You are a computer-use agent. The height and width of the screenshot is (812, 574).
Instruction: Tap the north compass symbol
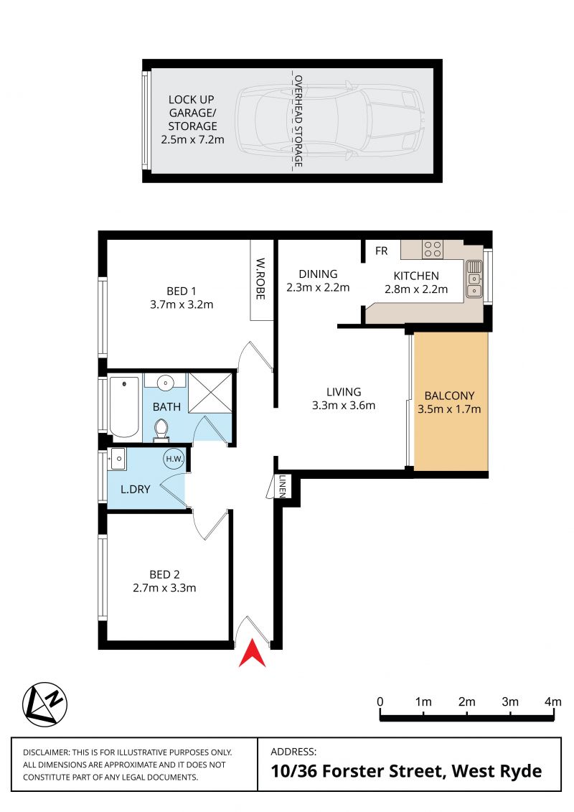click(x=45, y=704)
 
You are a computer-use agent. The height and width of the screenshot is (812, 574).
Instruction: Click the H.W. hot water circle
click(x=174, y=459)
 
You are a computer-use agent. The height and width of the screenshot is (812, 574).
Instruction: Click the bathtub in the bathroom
click(x=124, y=407)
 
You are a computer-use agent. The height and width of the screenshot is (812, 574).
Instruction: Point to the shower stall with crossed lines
click(x=210, y=393)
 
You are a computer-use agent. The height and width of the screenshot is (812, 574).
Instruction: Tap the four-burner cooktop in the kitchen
click(x=432, y=249)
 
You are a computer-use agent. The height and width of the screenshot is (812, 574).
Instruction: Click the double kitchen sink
click(x=474, y=280)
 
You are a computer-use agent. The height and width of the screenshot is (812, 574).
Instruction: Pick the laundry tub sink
click(x=118, y=459)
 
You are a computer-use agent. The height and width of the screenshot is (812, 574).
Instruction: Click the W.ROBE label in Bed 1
click(x=261, y=279)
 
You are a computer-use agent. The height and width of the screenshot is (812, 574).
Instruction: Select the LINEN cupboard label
click(x=283, y=486)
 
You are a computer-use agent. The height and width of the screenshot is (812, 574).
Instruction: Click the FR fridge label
click(x=382, y=251)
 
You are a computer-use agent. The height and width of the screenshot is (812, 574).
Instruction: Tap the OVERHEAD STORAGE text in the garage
click(x=298, y=121)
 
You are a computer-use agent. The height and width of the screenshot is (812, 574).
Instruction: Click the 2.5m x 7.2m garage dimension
click(x=192, y=140)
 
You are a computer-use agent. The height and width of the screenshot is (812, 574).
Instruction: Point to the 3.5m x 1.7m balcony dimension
click(x=449, y=409)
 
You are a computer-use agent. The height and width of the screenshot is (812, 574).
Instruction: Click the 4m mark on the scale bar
click(x=553, y=701)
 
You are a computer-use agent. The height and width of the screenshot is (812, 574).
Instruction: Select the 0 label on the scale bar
click(x=380, y=701)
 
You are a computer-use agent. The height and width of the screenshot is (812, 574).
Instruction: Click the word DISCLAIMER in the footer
click(x=45, y=752)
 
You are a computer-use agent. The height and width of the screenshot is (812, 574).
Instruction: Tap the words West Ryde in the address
click(x=497, y=772)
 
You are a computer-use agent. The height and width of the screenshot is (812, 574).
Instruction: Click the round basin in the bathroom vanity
click(x=165, y=383)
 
